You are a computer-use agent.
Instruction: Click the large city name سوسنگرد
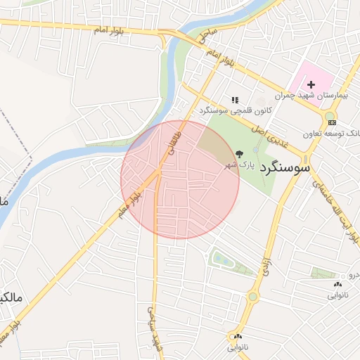[x=284, y=169]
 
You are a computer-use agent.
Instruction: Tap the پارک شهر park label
[x=238, y=165]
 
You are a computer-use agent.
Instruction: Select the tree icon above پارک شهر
[x=239, y=153]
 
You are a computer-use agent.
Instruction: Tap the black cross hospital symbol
[x=311, y=84]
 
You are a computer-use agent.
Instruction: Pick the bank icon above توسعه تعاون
[x=332, y=122]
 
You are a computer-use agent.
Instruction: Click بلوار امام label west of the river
[x=111, y=30]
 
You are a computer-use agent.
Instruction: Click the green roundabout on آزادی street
[x=252, y=297]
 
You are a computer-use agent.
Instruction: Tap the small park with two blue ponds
[x=224, y=260]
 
